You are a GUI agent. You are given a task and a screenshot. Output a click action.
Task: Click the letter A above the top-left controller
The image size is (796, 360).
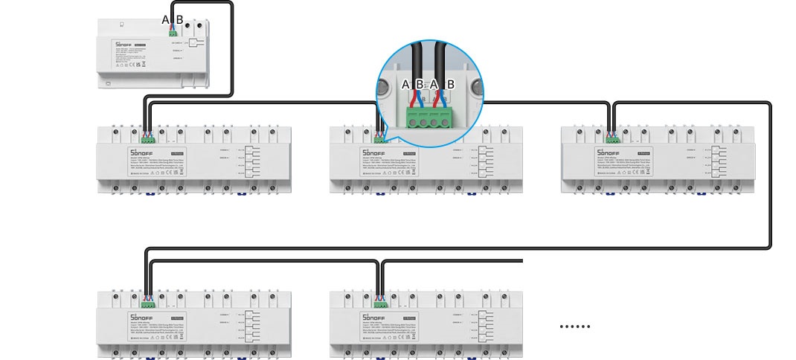[166, 19]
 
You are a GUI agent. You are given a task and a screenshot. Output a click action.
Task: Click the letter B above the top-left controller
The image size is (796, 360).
[179, 19]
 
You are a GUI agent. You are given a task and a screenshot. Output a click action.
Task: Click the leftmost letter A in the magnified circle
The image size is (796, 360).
[406, 85]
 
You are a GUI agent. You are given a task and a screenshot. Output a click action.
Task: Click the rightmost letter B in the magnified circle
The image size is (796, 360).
[450, 85]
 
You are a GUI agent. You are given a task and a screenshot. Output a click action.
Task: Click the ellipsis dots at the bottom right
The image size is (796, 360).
[574, 326]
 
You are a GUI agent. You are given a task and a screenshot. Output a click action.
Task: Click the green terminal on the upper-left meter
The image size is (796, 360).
[148, 138]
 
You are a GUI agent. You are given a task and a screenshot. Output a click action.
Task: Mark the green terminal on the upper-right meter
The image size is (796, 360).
[613, 138]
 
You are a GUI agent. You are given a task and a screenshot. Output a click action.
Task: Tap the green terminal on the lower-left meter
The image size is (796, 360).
[148, 303]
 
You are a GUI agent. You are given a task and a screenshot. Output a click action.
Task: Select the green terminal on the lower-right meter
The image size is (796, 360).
[380, 303]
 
